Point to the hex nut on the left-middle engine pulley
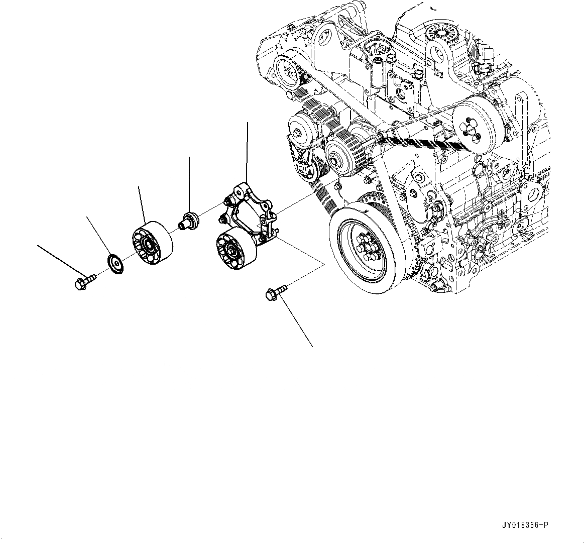(298, 133)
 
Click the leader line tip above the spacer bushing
(189, 158)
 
